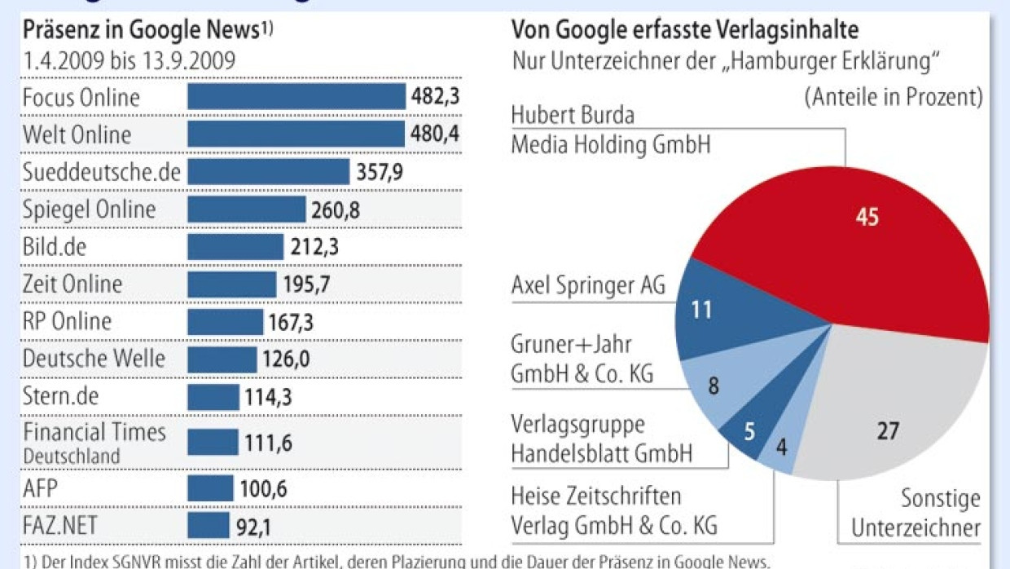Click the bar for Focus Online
tap(296, 96)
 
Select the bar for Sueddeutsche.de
tap(268, 171)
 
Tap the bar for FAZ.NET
tap(209, 526)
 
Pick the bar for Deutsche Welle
tap(222, 359)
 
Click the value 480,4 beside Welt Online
tap(435, 134)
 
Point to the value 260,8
tap(336, 210)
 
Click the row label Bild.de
tap(54, 246)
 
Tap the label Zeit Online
tap(72, 284)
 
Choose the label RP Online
tap(67, 321)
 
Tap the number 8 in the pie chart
tap(714, 386)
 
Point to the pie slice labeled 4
tap(780, 448)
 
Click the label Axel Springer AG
tap(588, 285)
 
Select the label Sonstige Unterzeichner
tap(916, 513)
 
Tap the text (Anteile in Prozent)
tap(894, 96)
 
